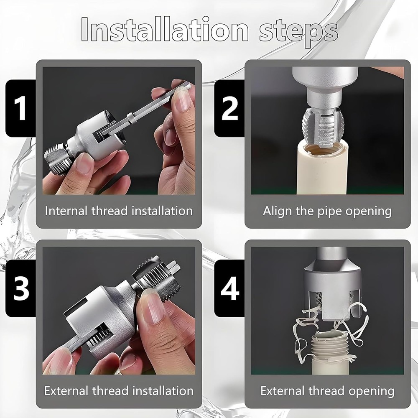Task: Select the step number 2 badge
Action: coord(229,108)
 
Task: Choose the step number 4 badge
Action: coord(229,288)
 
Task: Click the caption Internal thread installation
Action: coord(119,211)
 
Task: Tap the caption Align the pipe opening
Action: coord(327,211)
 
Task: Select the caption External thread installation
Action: coord(119,391)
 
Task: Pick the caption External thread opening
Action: coord(327,391)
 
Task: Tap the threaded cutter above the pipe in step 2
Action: coord(323,125)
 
